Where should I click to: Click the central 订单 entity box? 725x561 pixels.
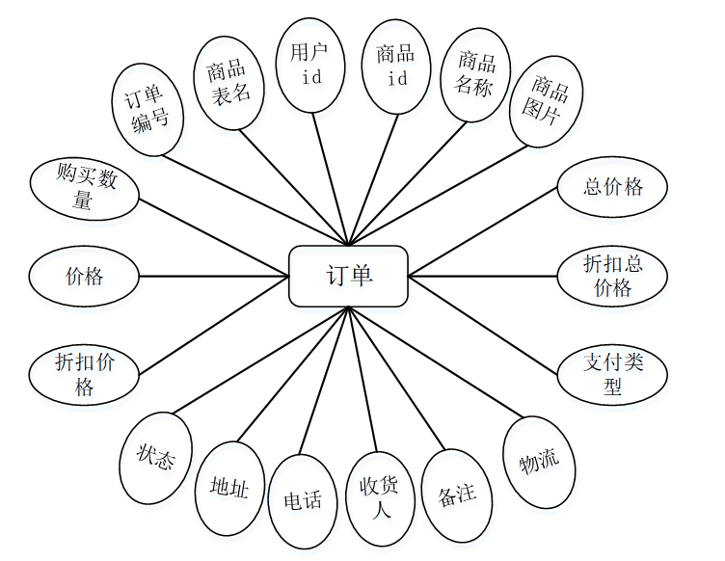tap(348, 277)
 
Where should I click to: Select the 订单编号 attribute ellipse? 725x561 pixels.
tap(148, 108)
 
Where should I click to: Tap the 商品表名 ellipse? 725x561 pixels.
tap(228, 82)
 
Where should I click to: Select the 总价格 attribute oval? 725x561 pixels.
tap(612, 188)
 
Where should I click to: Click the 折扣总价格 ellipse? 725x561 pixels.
tap(612, 276)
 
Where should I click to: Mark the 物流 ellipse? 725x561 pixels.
tap(539, 462)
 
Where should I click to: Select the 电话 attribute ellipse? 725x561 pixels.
tap(303, 500)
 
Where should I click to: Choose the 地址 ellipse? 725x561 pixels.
tap(229, 489)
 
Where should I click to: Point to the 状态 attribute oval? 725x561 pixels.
tap(155, 457)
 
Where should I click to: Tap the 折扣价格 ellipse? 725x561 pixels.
tap(85, 374)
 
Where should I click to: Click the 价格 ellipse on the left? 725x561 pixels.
tap(85, 277)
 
